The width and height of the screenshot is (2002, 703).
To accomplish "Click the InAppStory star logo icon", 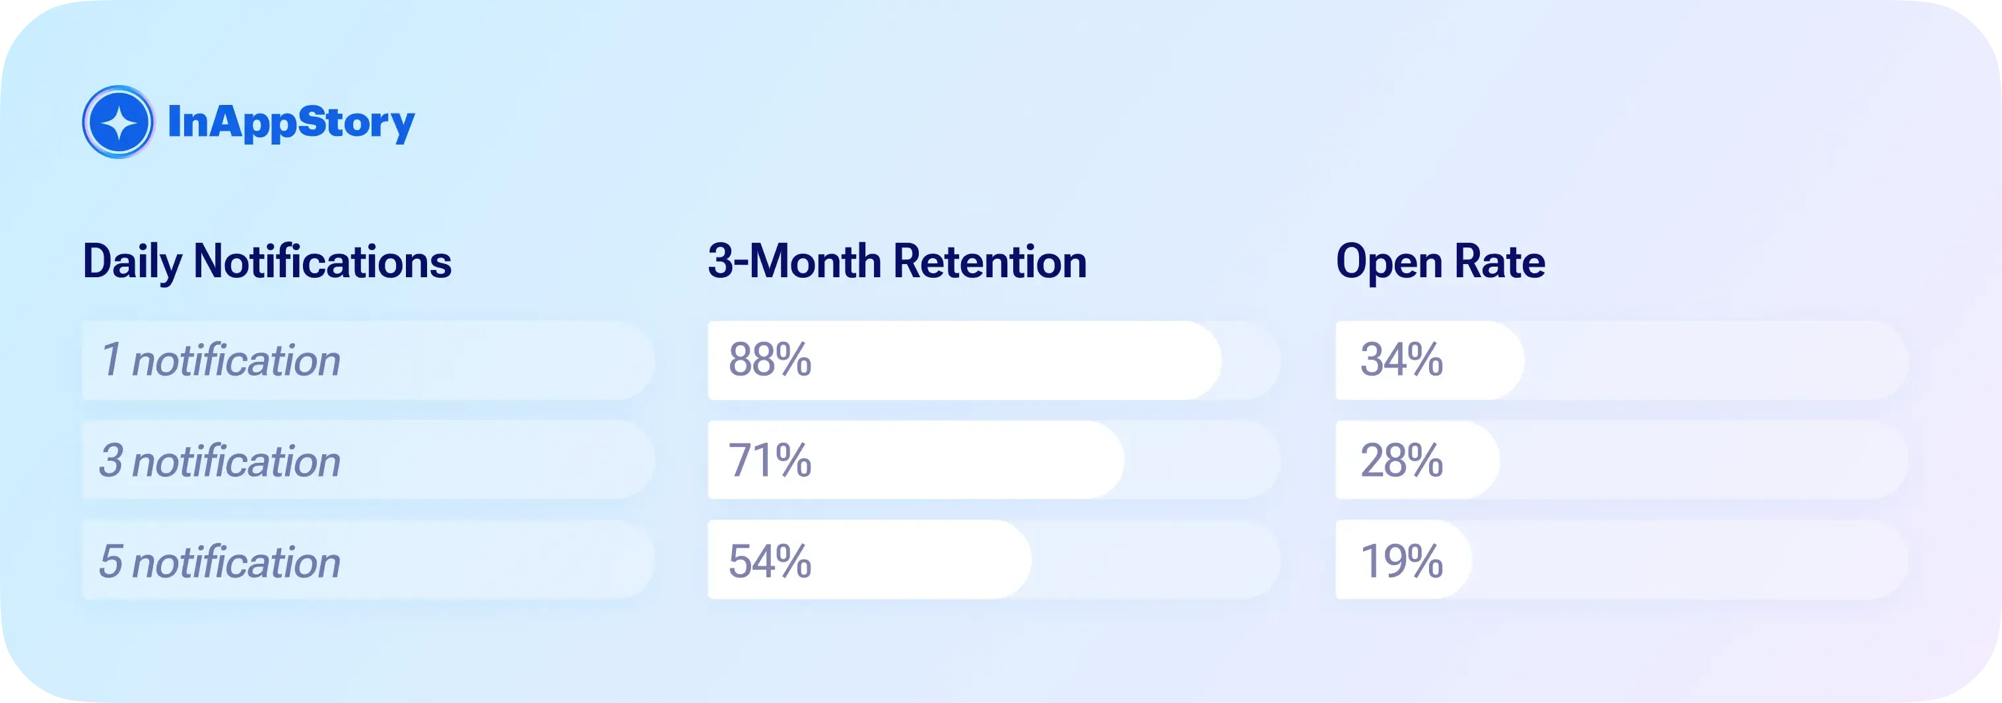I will pos(118,122).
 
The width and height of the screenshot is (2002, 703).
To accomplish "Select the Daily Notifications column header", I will pos(267,262).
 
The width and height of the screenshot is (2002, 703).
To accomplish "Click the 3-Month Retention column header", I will pos(897,262).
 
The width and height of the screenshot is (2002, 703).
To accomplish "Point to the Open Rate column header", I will pos(1440,262).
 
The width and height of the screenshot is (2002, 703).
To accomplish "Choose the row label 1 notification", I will pos(220,360).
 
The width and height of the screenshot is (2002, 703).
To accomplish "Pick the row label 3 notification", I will pos(220,461).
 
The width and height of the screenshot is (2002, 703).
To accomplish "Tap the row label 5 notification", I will pos(220,561).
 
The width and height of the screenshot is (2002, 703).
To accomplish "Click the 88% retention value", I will pos(770,360).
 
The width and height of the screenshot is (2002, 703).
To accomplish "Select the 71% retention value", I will pos(770,460).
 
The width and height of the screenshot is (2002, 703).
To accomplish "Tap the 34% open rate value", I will pos(1401,360).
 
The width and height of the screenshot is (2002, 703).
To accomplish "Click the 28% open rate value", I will pos(1401,460).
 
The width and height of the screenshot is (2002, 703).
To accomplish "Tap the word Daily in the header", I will pos(131,262).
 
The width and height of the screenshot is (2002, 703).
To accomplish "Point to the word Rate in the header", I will pos(1499,262).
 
